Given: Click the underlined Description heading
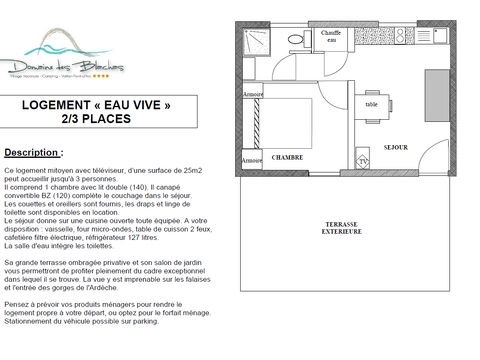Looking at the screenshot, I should (33, 153).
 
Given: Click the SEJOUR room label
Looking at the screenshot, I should (395, 147).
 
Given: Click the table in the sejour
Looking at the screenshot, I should (372, 104).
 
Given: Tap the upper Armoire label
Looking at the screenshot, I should (253, 94).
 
